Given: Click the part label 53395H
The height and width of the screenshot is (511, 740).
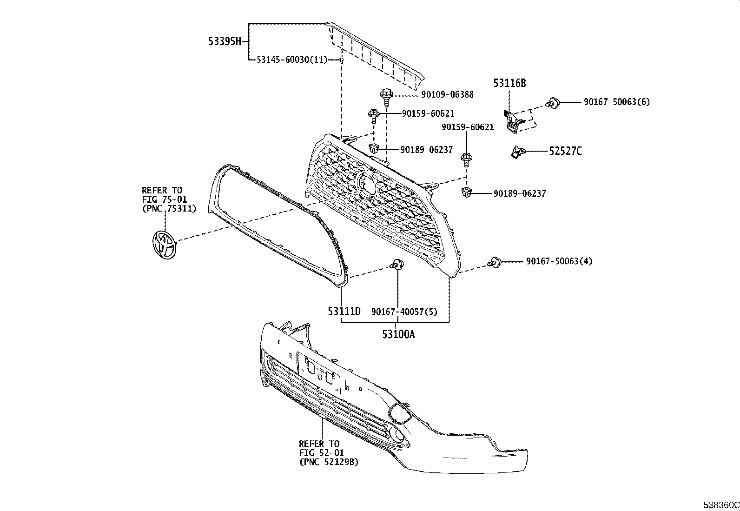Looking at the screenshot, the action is (225, 41).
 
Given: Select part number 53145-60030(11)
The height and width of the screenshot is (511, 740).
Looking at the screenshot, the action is (292, 60).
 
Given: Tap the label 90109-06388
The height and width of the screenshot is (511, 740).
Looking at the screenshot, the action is (447, 94).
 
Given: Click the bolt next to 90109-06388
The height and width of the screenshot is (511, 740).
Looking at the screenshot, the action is (386, 97).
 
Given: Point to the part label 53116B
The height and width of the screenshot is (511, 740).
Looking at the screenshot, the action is (509, 83).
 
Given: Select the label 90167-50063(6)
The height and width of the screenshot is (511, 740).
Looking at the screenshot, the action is (616, 102).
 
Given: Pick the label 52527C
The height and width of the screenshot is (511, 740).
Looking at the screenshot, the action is (565, 151).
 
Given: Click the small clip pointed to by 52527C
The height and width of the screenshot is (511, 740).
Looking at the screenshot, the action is (517, 152).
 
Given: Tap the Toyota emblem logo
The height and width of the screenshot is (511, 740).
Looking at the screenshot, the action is (164, 245).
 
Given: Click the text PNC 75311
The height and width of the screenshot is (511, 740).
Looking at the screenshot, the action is (169, 209).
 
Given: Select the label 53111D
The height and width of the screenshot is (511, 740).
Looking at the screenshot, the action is (344, 311).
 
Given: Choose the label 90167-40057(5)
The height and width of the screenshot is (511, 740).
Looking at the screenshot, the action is (404, 312).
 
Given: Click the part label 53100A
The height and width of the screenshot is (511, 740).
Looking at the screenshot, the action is (398, 334).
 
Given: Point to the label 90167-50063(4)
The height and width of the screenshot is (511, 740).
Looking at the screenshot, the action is (559, 261).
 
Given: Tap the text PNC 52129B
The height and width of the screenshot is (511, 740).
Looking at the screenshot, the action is (329, 462).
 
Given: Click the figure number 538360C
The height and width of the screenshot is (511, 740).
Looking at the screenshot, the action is (721, 505).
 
